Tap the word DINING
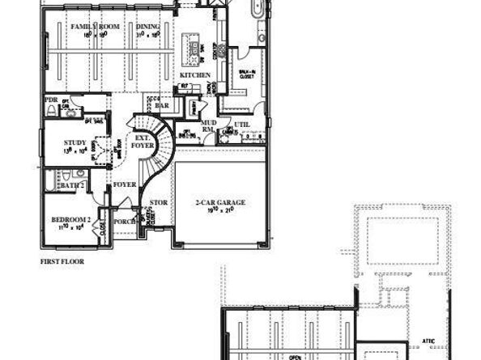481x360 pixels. tap(147, 28)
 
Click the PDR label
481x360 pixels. tap(52, 100)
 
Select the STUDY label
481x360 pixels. tap(75, 142)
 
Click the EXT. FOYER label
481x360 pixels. tap(142, 142)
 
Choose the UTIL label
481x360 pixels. tap(242, 124)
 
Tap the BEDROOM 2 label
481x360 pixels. tap(68, 219)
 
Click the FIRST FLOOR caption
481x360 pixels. tap(62, 261)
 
